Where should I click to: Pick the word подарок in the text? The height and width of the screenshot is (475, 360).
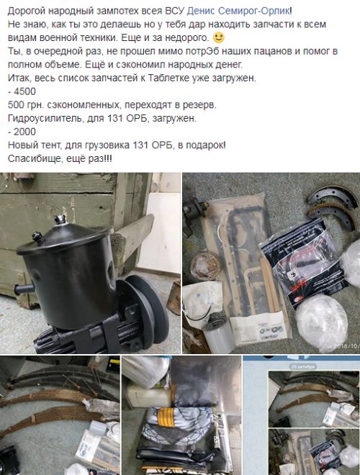(202, 145)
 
